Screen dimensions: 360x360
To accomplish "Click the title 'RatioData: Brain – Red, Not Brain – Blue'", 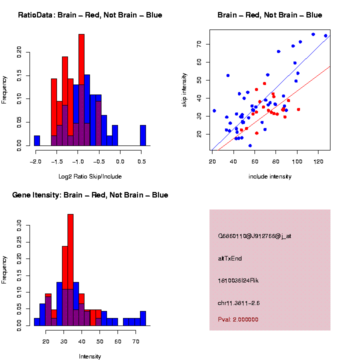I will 90,15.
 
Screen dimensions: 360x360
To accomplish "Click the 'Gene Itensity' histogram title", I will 90,195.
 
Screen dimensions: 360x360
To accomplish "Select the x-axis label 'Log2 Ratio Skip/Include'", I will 90,176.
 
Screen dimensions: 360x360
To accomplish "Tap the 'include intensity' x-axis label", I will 270,176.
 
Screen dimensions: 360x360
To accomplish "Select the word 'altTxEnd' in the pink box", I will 230,258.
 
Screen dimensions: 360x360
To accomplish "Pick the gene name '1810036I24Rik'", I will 238,280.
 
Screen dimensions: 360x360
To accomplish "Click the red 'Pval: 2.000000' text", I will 238,319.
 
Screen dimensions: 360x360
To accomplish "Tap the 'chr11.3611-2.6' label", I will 239,303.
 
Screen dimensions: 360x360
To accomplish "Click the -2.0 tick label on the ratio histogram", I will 35,162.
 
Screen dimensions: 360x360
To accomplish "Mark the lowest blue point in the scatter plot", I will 250,145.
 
